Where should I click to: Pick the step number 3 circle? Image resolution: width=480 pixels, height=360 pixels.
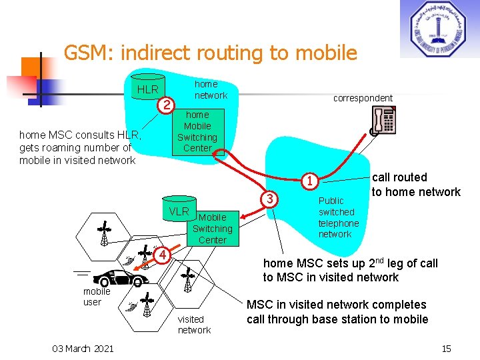coord(269,199)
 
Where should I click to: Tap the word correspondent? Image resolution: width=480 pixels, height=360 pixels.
coord(363,98)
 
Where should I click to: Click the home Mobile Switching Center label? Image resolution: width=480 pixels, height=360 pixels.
coord(197,131)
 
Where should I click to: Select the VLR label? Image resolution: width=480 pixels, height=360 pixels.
coord(179,212)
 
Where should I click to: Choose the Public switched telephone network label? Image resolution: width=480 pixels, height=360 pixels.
coord(338,217)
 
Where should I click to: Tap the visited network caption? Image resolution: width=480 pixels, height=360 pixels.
coord(193,325)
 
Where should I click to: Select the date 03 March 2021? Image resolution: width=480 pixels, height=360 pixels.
coord(83,348)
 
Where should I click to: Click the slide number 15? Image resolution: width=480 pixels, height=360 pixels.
coord(446,348)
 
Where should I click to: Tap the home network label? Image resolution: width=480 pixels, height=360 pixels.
coord(210,90)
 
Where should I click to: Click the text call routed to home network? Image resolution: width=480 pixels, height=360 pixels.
coord(415,185)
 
